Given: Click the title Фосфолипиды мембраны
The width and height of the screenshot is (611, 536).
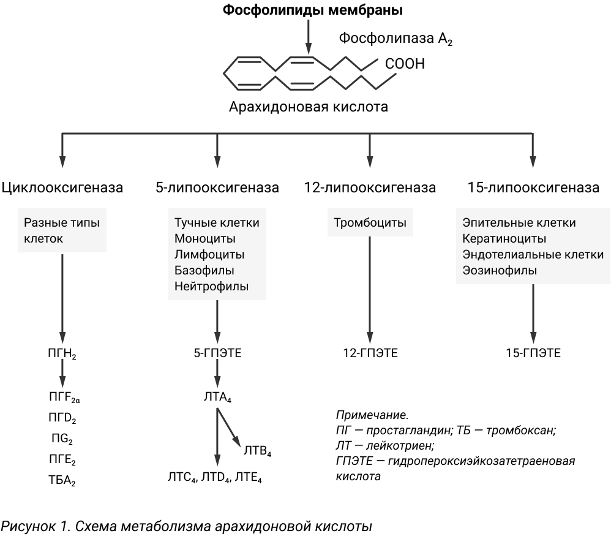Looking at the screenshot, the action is pos(312,10).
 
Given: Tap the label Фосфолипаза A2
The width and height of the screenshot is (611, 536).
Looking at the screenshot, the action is pos(395,39).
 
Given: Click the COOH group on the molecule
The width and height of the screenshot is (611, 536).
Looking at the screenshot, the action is pos(405,64).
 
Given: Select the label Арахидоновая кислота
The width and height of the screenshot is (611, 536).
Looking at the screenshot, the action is pos(308,107).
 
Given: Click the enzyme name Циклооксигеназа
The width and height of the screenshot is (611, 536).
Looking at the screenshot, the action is pos(62,187).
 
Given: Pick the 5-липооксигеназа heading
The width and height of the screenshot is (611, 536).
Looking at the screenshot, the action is pos(217,187).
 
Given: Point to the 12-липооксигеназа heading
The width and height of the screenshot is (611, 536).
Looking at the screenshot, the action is pos(370,187).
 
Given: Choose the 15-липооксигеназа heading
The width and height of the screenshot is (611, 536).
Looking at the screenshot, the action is pos(533,187).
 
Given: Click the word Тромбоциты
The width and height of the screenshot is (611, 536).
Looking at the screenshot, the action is pos(370,222).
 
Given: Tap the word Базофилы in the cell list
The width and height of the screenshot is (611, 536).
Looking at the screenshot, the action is pos(204,270).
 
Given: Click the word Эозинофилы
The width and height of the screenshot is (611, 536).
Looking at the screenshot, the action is pos(500,270).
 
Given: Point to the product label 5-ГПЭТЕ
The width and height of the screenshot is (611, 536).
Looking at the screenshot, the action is pos(217,353).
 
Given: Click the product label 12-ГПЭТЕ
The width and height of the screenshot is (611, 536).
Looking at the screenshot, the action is pos(370,353).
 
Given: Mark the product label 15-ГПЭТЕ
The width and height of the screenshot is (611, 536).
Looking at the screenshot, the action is pos(533,353).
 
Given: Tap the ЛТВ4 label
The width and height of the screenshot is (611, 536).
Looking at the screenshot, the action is pos(257,451).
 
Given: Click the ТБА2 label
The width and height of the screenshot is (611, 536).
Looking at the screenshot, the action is pos(62,480).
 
